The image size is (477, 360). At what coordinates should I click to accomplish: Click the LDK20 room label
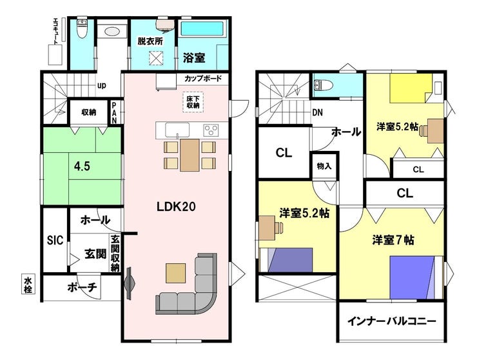coord(176,207)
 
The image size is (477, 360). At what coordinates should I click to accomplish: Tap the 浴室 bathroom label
coord(194,58)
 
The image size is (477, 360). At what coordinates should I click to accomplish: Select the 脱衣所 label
coord(150,41)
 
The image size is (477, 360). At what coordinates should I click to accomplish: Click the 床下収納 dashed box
coord(193,102)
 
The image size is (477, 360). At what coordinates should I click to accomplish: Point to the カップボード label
coord(203,78)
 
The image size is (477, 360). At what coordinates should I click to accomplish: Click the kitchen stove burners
coord(211,131)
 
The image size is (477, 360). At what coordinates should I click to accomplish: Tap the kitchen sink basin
coord(177,130)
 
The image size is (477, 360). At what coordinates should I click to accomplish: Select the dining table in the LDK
coord(190,155)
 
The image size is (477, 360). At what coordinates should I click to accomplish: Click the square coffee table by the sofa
coord(175,273)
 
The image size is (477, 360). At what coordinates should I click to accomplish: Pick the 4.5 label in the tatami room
coord(82,166)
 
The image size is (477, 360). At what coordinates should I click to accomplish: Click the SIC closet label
coord(55,240)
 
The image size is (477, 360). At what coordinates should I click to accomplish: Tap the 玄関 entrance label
coord(95,254)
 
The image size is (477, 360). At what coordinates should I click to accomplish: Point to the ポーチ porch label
coord(82,287)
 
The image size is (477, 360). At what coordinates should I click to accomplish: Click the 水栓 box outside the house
coord(28,285)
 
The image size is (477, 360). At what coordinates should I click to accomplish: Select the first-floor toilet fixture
coord(81,28)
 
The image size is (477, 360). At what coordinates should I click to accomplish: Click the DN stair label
coord(318,113)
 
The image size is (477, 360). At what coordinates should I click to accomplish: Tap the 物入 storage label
coord(324,166)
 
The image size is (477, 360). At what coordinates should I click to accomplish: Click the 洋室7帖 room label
coord(393,240)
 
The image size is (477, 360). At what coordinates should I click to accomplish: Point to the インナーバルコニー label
coord(392,321)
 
